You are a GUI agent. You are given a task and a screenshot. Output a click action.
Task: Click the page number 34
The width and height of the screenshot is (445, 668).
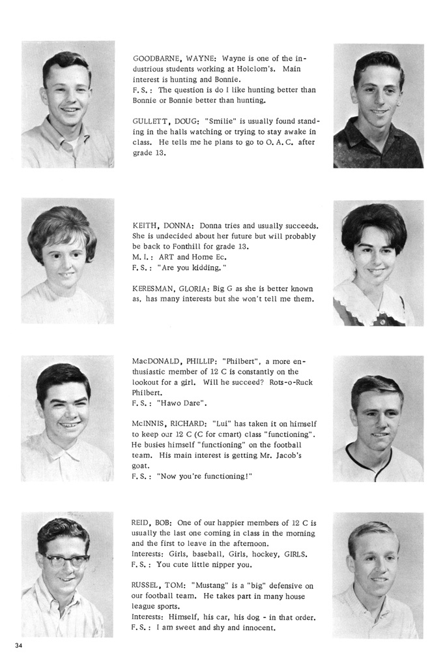[18, 645]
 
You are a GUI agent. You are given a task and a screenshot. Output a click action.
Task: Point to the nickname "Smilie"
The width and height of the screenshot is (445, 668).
[220, 121]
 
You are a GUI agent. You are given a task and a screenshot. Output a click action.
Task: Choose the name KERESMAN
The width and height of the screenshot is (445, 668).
[155, 288]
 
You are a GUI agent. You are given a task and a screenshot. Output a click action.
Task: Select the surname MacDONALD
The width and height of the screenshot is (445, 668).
[157, 361]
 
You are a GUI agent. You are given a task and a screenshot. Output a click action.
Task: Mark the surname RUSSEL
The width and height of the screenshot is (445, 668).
[147, 586]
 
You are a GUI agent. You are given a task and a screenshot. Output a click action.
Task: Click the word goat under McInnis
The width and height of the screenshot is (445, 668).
[142, 466]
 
